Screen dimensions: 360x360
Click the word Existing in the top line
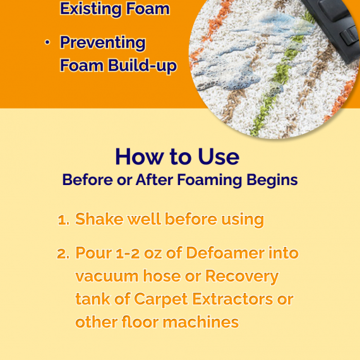tap(91, 9)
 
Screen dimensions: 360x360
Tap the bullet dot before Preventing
tap(47, 42)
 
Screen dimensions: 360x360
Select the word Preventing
tap(103, 43)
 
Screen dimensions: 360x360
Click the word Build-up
tap(142, 65)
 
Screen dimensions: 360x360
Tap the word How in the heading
tap(140, 157)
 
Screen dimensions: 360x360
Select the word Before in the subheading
tap(88, 179)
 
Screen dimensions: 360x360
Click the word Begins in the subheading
tap(272, 181)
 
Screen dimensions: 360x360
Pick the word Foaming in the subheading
tap(210, 181)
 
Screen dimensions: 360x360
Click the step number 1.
tap(63, 220)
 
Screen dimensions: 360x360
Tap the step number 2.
tap(63, 254)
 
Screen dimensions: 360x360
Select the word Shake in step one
tap(99, 219)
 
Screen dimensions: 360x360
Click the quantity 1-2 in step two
tap(128, 253)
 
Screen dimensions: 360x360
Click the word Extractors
tap(232, 299)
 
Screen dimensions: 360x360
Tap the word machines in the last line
tap(201, 322)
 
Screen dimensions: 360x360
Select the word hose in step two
tap(162, 276)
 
